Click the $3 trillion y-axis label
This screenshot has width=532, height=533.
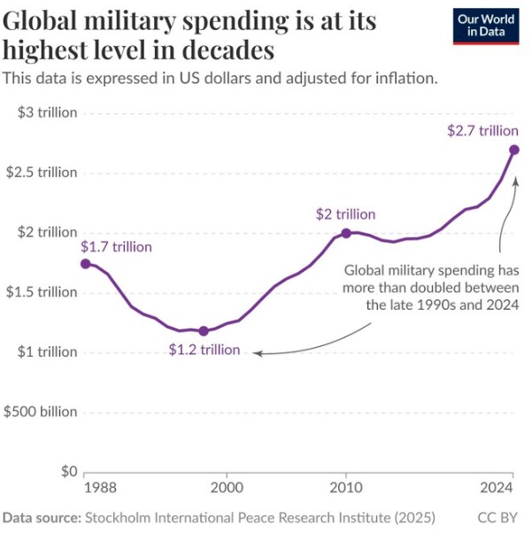[x=47, y=112]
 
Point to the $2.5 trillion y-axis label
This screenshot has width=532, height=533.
[x=42, y=173]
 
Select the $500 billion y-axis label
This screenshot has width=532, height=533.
[x=41, y=412]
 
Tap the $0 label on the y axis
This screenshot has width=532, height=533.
[x=67, y=472]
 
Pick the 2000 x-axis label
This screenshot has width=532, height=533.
[x=227, y=488]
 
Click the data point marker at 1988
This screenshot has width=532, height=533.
[x=85, y=264]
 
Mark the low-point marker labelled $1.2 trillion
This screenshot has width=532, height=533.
[x=204, y=331]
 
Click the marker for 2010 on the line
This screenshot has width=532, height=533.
[x=346, y=233]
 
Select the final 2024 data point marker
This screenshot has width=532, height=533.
[x=514, y=150]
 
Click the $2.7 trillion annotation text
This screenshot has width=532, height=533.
[x=482, y=130]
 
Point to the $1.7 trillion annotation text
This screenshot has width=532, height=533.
[x=116, y=247]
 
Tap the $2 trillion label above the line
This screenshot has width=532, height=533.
[x=345, y=214]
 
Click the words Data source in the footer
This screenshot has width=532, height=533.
[x=41, y=516]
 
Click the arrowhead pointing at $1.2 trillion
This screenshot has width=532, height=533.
[x=256, y=353]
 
